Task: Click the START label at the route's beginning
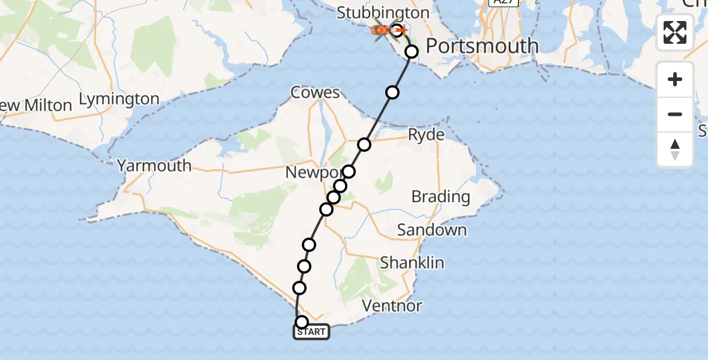311,332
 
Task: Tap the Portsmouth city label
482,46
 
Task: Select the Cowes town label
315,92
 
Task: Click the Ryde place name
427,134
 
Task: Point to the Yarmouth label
154,166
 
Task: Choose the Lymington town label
120,99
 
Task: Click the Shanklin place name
412,263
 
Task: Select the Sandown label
432,230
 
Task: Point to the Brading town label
441,196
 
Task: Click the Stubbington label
383,13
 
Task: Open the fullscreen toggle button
675,32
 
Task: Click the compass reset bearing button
675,148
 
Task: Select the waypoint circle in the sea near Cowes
392,92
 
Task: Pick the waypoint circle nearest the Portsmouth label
412,52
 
